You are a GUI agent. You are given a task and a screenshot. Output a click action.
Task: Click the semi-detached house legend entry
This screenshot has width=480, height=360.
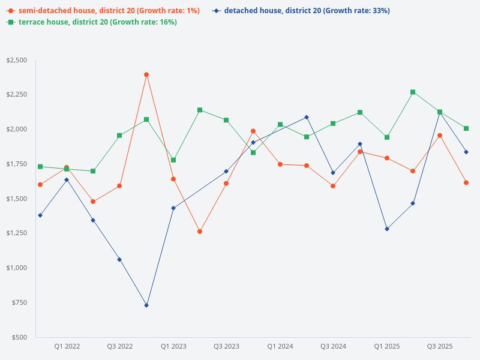[103, 11]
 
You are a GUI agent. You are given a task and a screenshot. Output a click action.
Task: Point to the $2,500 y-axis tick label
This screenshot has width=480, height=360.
[16, 60]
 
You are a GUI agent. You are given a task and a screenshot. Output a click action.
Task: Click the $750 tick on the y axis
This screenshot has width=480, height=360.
[18, 302]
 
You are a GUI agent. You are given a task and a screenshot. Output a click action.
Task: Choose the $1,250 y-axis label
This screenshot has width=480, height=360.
[16, 233]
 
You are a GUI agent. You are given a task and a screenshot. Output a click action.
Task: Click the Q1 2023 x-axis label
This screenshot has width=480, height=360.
[173, 346]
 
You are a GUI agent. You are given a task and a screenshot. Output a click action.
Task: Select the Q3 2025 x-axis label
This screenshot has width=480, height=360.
[440, 346]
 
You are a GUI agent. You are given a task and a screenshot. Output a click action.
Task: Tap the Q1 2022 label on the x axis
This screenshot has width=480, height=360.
[67, 346]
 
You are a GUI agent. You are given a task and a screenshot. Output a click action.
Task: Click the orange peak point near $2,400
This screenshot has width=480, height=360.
[146, 74]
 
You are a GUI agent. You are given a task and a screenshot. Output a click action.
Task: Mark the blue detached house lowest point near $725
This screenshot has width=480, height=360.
[146, 305]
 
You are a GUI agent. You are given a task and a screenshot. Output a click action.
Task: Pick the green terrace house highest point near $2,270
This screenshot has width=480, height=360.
[413, 92]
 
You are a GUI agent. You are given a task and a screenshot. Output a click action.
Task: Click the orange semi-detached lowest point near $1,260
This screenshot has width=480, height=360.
[200, 232]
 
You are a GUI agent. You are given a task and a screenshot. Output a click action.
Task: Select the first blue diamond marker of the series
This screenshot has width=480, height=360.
[40, 215]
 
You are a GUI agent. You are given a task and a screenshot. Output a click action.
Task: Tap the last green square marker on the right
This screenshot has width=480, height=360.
[466, 128]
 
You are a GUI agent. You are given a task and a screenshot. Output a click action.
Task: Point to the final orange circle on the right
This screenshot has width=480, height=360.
[466, 182]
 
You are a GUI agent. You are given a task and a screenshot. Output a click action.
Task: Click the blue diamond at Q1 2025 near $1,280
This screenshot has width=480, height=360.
[386, 229]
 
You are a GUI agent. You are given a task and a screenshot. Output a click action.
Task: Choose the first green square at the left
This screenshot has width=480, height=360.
[40, 167]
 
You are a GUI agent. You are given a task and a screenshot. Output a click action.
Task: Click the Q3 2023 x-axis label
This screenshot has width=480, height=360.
[226, 346]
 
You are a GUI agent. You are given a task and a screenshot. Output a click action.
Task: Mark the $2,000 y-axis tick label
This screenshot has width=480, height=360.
[16, 129]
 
